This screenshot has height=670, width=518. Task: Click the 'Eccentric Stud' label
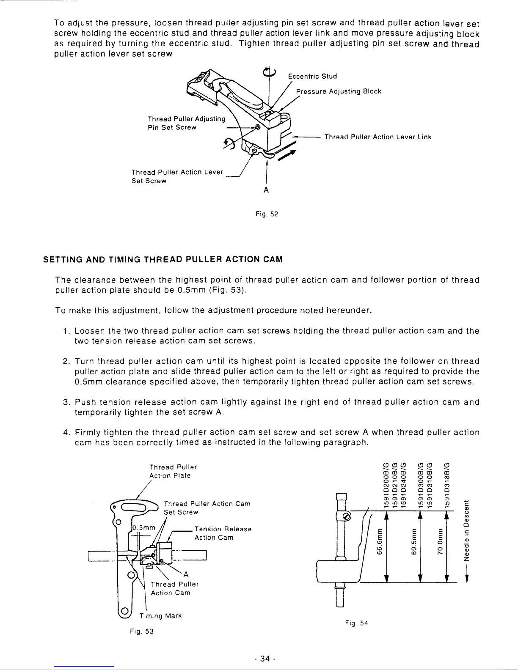point(312,77)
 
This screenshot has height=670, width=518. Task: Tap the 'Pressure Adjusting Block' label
point(339,91)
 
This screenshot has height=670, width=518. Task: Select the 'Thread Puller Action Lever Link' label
point(377,137)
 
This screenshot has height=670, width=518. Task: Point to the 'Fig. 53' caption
point(141,632)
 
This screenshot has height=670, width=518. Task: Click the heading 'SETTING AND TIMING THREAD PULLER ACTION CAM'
point(163,259)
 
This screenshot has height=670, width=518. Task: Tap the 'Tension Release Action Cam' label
point(223,533)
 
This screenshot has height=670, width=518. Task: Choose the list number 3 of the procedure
point(60,402)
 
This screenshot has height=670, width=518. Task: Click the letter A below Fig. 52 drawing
point(266,191)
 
